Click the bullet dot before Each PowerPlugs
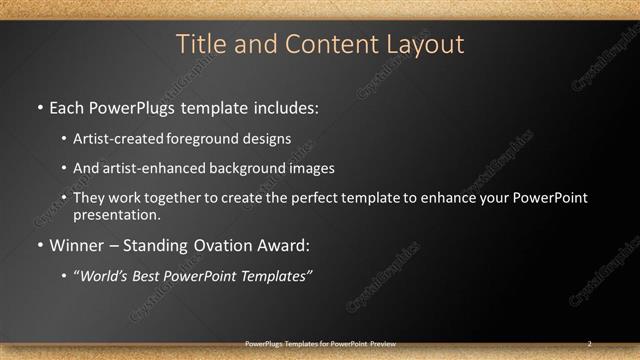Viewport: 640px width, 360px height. [39, 106]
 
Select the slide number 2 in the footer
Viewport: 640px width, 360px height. [589, 343]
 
